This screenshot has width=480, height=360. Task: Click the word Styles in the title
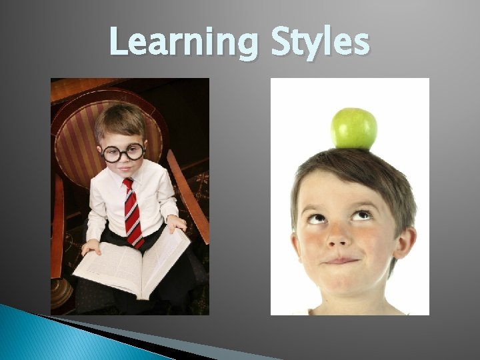pos(319,43)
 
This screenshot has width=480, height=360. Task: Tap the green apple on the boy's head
pos(354,128)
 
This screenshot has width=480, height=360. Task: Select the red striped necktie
pos(133,212)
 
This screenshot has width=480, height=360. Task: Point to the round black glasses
pos(123,153)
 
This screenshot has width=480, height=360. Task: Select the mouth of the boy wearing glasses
pos(125,171)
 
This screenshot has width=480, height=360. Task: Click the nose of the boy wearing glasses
pos(125,161)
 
